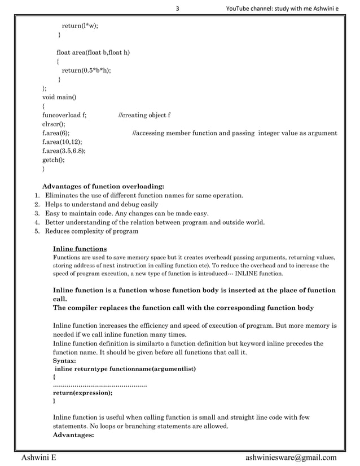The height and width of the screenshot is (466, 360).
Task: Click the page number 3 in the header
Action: click(178, 7)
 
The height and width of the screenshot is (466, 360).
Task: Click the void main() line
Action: click(59, 97)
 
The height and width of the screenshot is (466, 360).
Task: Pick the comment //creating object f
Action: click(144, 115)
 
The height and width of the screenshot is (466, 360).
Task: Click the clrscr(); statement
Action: click(54, 124)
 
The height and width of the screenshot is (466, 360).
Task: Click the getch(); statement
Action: click(54, 160)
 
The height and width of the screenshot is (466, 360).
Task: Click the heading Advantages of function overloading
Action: click(104, 186)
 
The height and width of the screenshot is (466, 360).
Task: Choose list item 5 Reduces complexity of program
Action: click(91, 231)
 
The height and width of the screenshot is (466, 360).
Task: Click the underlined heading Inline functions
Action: click(80, 249)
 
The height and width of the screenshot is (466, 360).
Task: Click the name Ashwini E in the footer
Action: click(38, 458)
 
